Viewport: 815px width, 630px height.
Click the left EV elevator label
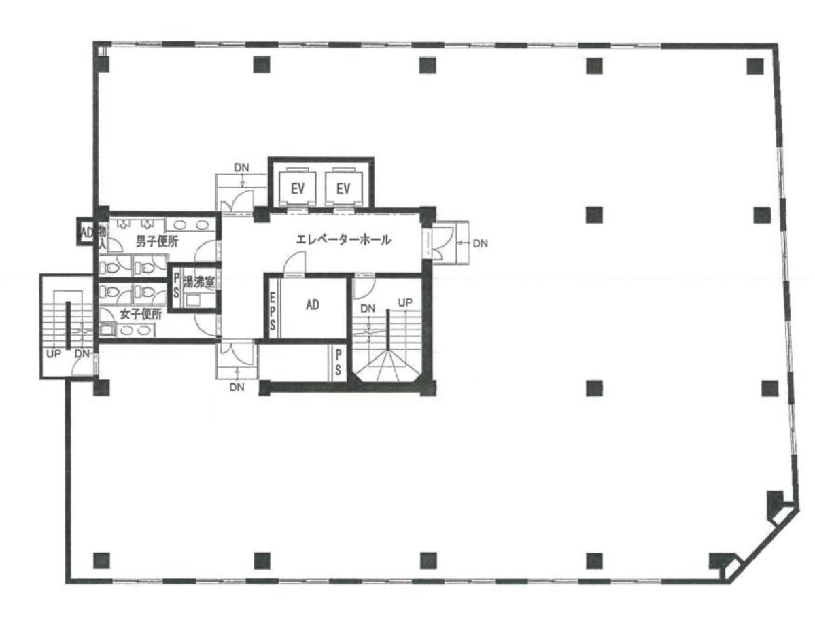coord(297,189)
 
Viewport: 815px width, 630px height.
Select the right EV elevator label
coord(343,189)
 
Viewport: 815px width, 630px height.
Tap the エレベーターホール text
coord(343,240)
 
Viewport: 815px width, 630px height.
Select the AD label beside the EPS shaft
coord(312,306)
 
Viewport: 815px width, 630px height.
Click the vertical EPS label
coord(272,311)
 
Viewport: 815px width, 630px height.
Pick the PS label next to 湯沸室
coord(176,285)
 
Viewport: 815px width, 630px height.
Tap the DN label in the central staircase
coord(368,309)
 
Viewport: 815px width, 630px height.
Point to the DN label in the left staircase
coord(82,353)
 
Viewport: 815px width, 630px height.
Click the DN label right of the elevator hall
coord(480,242)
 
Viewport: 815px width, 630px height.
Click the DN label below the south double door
coord(237,387)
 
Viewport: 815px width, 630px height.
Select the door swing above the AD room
coord(294,263)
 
